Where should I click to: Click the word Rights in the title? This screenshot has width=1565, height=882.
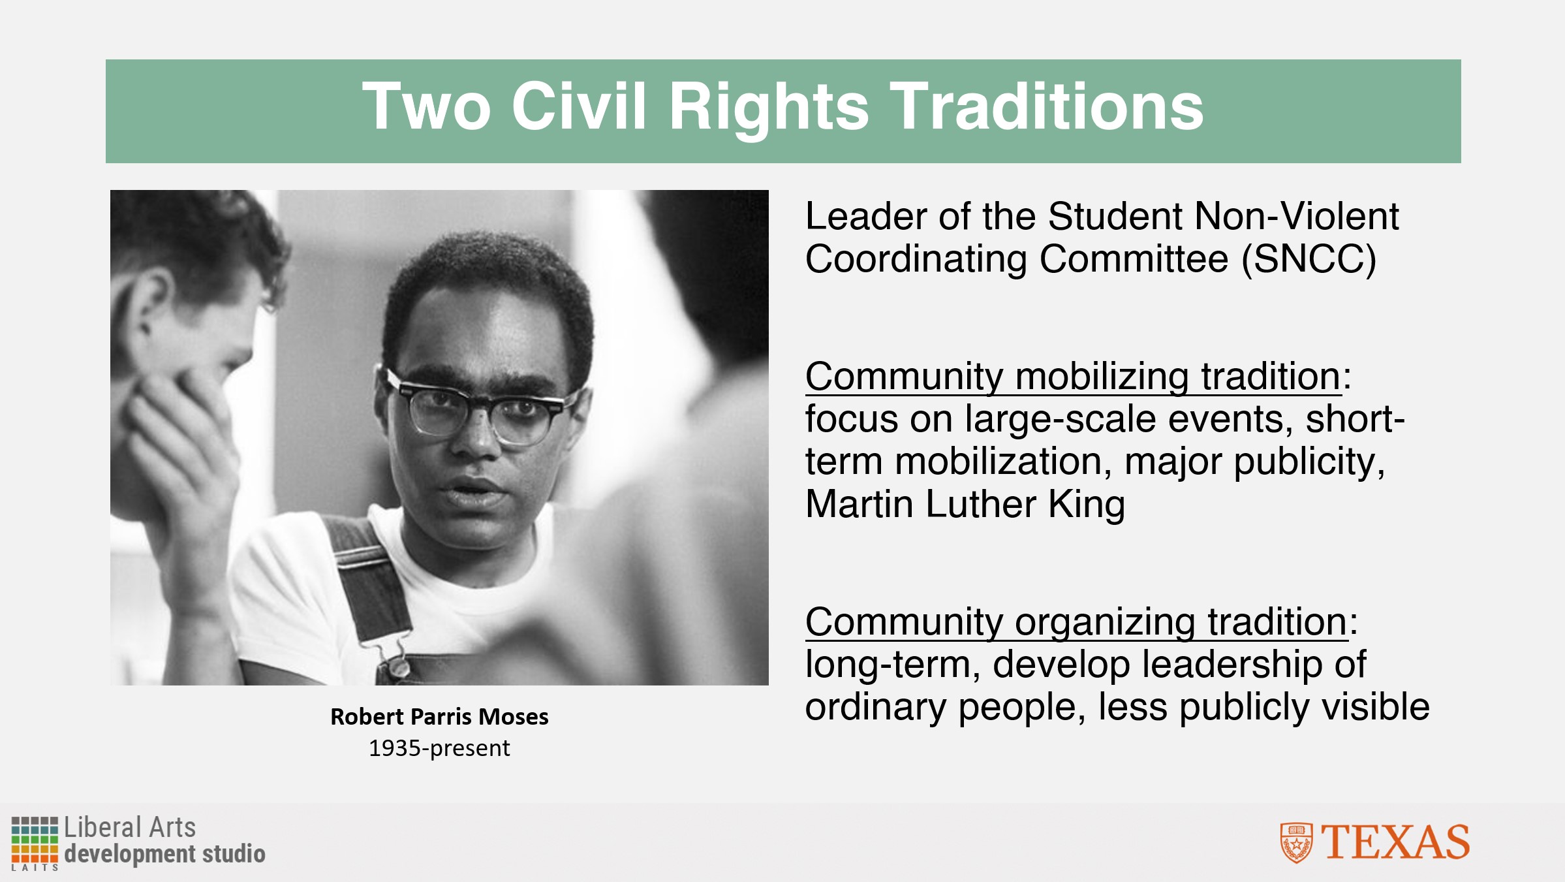click(x=769, y=108)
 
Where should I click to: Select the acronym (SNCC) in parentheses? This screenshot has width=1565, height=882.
click(x=1309, y=259)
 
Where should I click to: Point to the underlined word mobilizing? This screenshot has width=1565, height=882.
click(x=1102, y=377)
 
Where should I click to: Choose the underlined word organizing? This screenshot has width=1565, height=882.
click(x=1105, y=623)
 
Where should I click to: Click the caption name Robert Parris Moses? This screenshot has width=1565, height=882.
click(x=439, y=717)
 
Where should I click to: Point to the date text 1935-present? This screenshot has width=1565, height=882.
click(x=439, y=748)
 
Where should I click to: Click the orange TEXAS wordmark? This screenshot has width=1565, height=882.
click(x=1395, y=842)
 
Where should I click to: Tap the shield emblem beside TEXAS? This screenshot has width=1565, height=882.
click(x=1296, y=843)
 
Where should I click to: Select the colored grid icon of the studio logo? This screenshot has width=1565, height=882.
click(x=35, y=840)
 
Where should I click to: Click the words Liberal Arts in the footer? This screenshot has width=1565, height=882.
click(x=130, y=828)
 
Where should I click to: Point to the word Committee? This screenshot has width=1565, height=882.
click(x=1134, y=259)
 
